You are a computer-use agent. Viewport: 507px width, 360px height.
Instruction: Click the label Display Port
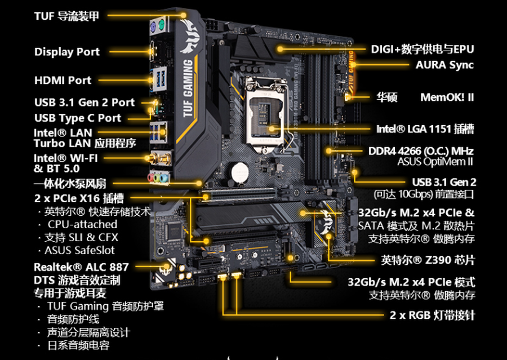[66, 52]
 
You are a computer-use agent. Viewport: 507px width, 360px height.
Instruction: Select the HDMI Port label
[63, 81]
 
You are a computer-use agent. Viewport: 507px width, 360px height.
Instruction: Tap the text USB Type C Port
[77, 118]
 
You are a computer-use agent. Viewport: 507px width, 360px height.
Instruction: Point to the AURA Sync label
[444, 65]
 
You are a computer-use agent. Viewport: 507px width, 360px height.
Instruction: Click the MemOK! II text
[447, 97]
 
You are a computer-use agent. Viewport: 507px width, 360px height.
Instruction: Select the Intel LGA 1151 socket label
[425, 129]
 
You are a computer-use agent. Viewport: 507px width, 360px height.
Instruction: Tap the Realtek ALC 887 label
[81, 267]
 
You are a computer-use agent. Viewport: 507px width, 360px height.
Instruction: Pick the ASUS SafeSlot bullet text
[79, 250]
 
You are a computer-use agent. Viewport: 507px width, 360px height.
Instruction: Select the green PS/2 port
[161, 24]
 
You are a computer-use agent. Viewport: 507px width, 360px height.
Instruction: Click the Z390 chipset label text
[428, 260]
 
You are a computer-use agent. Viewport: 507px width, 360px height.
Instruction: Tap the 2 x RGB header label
[432, 314]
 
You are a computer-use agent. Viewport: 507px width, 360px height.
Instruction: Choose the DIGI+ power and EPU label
[422, 49]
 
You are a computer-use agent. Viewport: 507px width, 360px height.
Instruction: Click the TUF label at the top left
[66, 16]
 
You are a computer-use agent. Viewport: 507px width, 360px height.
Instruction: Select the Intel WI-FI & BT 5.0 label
[65, 163]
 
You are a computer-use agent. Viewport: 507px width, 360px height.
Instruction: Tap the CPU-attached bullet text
[82, 224]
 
